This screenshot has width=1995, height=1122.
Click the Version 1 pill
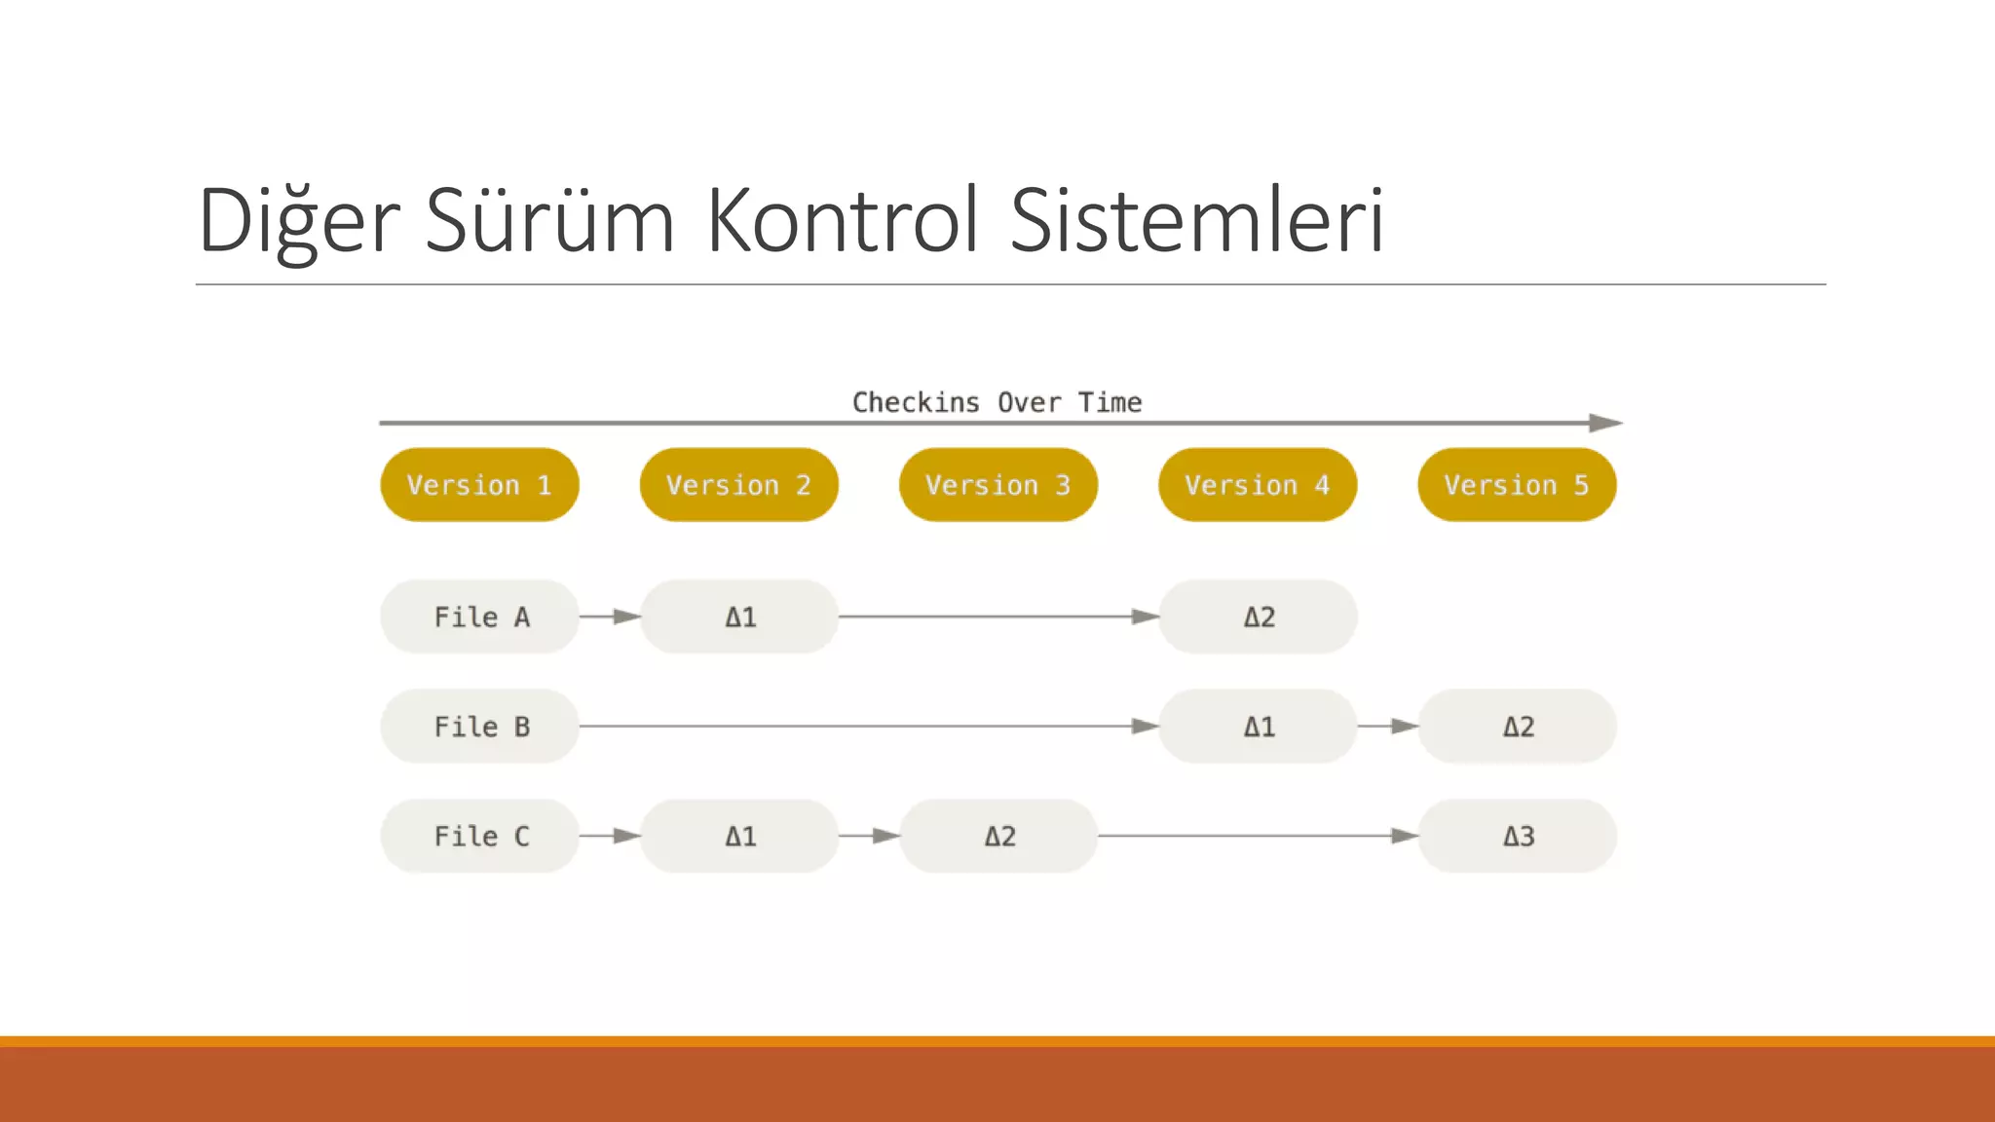point(479,485)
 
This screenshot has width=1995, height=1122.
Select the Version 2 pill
point(738,485)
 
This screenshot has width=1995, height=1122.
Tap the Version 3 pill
point(997,485)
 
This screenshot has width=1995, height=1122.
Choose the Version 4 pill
point(1257,485)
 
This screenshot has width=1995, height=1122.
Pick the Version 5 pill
point(1517,485)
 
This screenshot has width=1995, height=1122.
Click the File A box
point(479,617)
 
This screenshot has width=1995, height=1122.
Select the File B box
point(479,727)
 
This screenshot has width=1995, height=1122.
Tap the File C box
point(479,836)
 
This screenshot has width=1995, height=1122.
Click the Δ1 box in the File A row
point(739,617)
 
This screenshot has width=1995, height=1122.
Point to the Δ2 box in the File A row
point(1258,617)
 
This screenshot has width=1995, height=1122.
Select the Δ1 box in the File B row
point(1258,727)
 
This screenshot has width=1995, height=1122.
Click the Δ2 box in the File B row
point(1518,727)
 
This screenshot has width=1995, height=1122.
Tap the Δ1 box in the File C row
point(739,836)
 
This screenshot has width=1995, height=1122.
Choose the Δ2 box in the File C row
point(998,836)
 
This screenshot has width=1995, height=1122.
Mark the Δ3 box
point(1518,836)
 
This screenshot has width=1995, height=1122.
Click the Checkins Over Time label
point(997,402)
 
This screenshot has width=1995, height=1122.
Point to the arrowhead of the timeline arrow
point(1605,423)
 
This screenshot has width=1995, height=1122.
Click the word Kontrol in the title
point(843,221)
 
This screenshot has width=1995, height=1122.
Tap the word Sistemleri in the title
point(1196,221)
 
